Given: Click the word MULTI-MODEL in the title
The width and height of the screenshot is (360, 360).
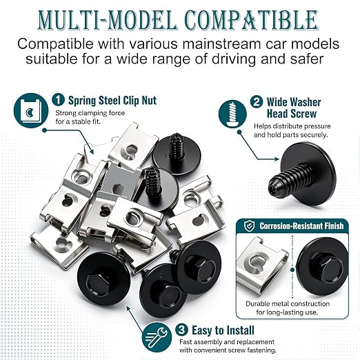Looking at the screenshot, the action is coord(108,20).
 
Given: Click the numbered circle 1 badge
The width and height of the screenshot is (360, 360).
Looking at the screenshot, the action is coord(58,100).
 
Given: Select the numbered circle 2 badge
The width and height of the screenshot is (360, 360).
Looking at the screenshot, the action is coord(257,101).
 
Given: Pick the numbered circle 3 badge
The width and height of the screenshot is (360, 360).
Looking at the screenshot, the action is coord(181,330).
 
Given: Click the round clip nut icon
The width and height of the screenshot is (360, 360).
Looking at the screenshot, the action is coord(31,110).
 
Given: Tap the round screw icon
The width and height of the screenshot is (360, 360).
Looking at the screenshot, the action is coord(232,114).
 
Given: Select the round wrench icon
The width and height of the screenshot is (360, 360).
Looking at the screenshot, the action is coord(157,337).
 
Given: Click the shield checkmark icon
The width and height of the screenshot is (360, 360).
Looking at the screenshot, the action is coord(250,226).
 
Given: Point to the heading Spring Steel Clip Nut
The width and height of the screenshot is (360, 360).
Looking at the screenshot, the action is coord(112,101).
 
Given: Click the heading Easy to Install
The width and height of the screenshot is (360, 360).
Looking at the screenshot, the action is coord(223,330).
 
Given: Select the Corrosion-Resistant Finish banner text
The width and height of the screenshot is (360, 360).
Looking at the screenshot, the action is coord(301,226).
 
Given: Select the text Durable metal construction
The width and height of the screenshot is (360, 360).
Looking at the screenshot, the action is coord(288,303).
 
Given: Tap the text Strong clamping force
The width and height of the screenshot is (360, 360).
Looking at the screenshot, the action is coord(90,113).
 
